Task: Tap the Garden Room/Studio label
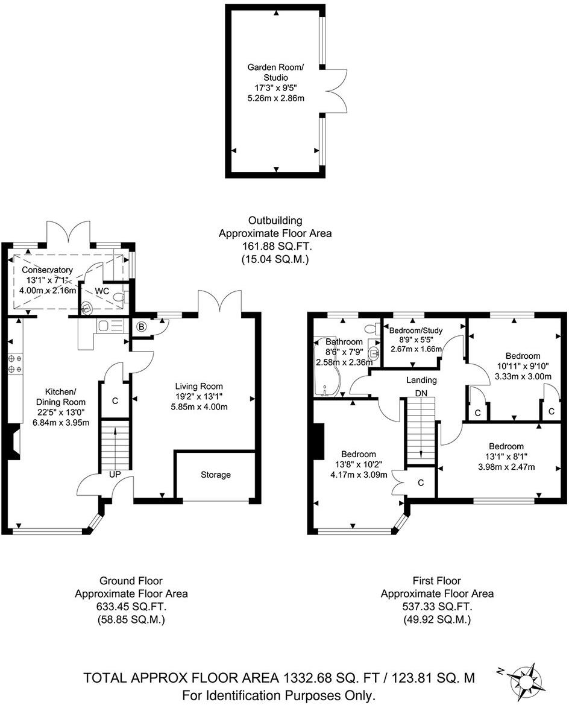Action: click(275, 72)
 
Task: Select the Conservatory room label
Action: click(48, 270)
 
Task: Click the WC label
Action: click(102, 291)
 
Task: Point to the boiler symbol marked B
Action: click(142, 327)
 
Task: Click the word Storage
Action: click(215, 475)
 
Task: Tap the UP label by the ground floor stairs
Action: click(115, 475)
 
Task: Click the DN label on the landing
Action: click(421, 393)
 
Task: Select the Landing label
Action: click(421, 380)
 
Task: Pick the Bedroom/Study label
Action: click(413, 330)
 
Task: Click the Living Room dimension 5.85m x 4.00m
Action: click(199, 406)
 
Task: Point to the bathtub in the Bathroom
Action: click(326, 368)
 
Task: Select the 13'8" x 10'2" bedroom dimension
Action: click(358, 464)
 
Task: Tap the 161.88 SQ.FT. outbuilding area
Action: click(274, 247)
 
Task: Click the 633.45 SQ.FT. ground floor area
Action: click(131, 607)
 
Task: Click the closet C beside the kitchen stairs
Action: click(114, 400)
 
